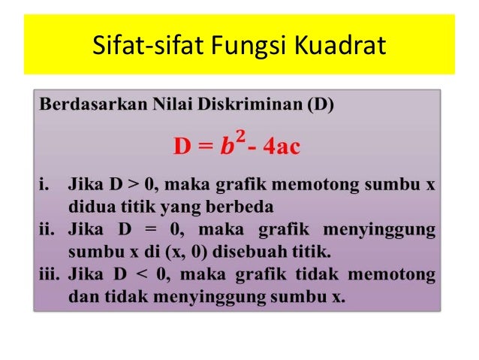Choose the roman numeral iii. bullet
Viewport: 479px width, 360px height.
pyautogui.click(x=49, y=274)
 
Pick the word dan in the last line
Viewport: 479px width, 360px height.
pyautogui.click(x=81, y=296)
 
